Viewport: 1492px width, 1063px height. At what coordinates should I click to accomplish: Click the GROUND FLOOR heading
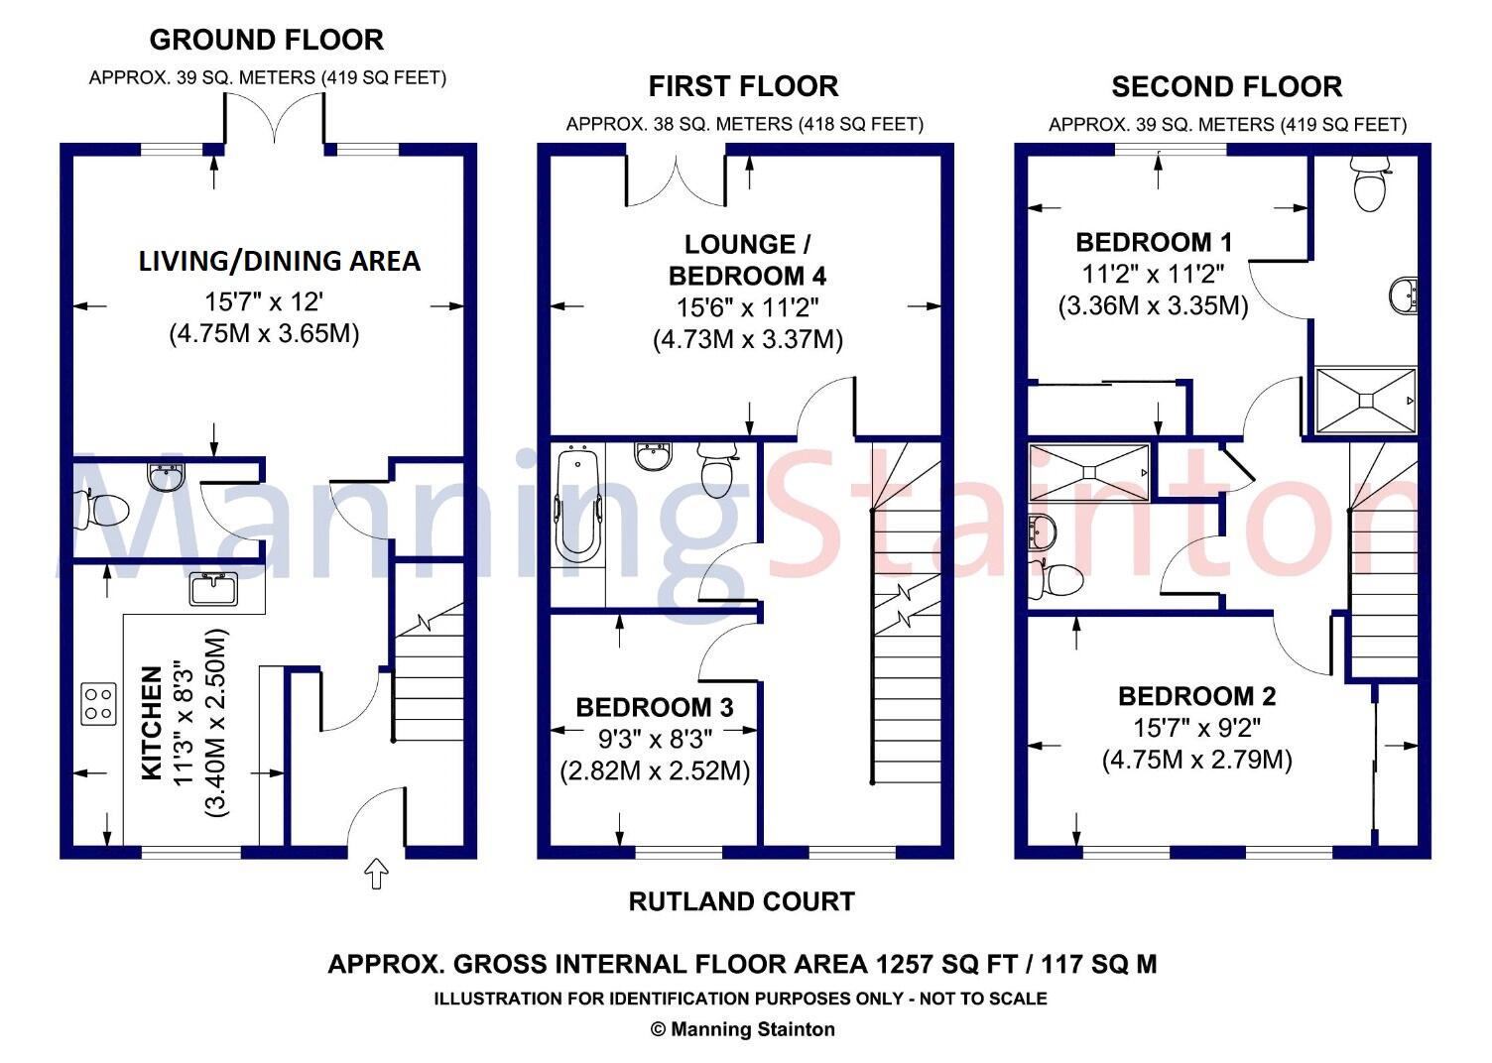click(x=266, y=40)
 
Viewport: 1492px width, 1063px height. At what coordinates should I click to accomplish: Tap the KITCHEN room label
click(x=152, y=723)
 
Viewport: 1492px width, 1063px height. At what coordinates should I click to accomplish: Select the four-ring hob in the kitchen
click(x=98, y=703)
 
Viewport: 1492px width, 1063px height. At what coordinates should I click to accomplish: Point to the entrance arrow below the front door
click(x=376, y=874)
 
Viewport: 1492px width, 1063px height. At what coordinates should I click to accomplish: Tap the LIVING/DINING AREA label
click(x=279, y=261)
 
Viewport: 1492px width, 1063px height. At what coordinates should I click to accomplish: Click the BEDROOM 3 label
click(x=655, y=707)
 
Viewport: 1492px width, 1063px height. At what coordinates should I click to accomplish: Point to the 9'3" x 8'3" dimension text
click(x=655, y=739)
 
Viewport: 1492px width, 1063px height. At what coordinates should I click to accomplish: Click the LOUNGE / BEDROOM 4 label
click(x=746, y=260)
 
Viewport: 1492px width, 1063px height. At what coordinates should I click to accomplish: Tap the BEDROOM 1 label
click(x=1154, y=242)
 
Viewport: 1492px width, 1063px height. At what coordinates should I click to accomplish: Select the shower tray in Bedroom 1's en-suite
click(x=1366, y=400)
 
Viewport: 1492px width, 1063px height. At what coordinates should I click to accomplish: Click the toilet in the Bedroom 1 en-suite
click(x=1370, y=185)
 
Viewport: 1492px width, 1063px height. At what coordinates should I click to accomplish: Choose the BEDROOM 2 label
click(x=1197, y=696)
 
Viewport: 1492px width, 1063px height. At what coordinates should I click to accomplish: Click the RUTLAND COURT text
click(x=742, y=901)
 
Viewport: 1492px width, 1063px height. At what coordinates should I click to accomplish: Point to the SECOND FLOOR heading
click(x=1226, y=87)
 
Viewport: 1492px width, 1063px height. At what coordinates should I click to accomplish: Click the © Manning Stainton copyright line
click(x=742, y=1029)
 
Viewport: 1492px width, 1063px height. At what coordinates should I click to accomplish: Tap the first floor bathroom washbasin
click(x=653, y=457)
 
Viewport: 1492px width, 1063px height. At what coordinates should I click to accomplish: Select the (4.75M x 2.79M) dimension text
click(x=1197, y=761)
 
